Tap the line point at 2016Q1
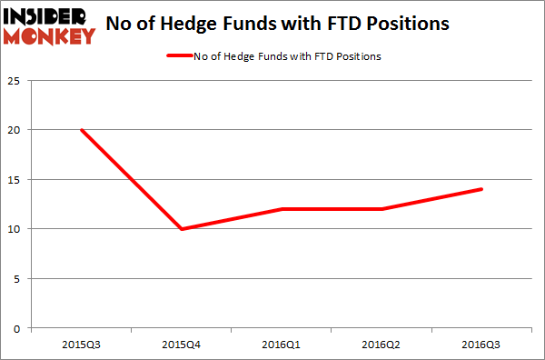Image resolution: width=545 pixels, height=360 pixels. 282,209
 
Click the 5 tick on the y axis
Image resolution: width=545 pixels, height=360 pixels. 19,278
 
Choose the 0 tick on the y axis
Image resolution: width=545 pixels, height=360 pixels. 19,328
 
